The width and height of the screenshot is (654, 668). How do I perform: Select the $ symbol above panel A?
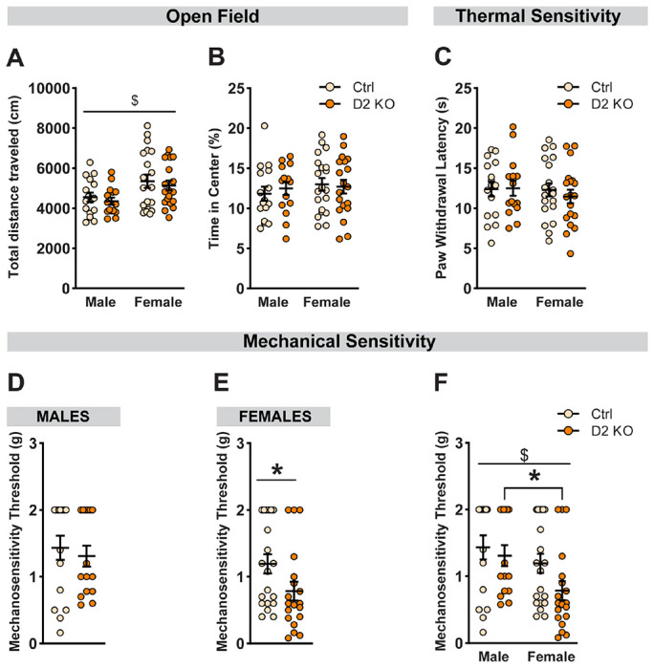pyautogui.click(x=161, y=98)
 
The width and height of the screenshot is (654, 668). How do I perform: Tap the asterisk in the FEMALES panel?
pyautogui.click(x=277, y=470)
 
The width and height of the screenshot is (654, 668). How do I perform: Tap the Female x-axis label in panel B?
pyautogui.click(x=327, y=308)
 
